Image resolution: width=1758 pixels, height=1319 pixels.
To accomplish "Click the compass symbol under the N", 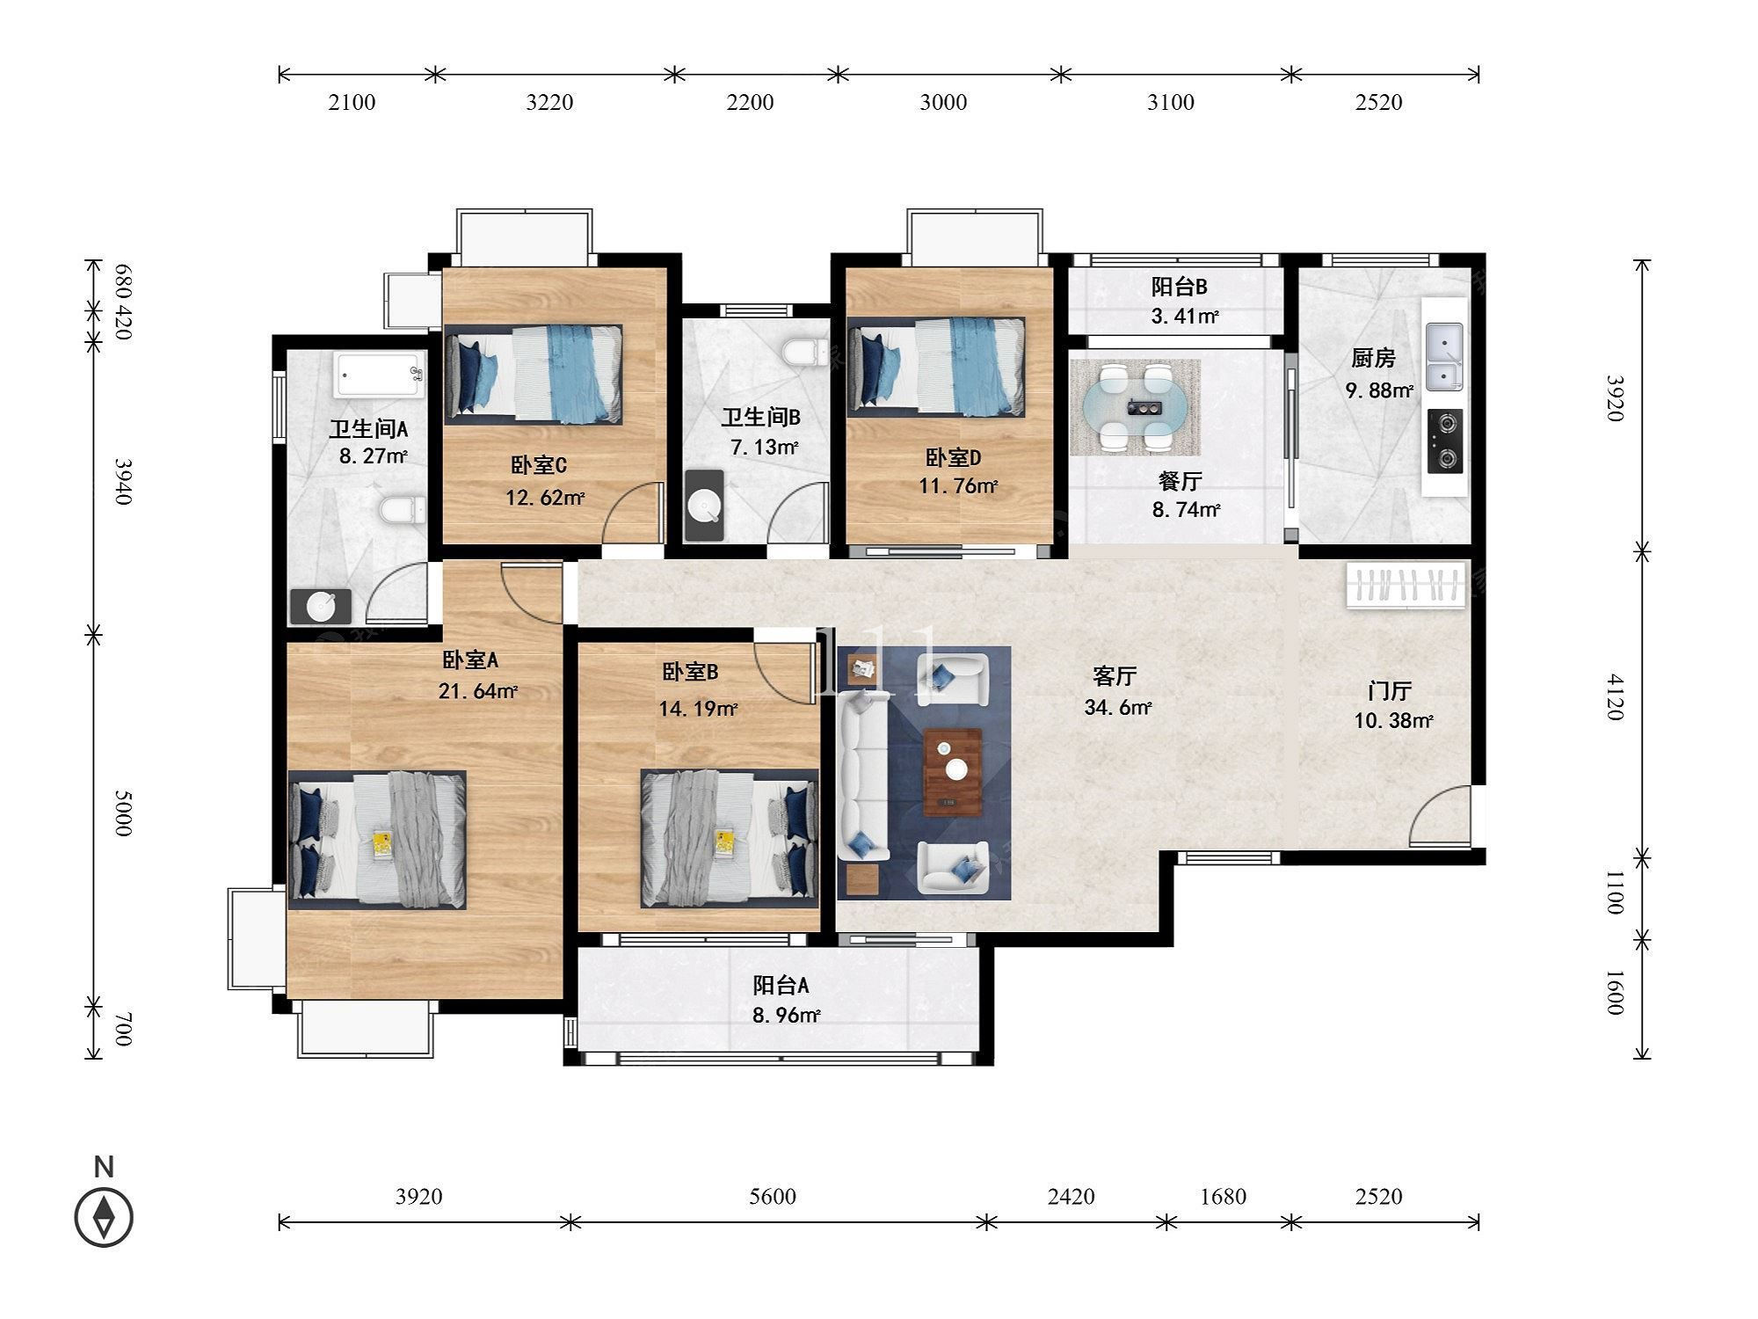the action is coord(104,1217).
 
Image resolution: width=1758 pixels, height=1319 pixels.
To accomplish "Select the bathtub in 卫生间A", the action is coord(380,376).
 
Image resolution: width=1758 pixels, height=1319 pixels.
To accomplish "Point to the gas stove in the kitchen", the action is coord(1445,441).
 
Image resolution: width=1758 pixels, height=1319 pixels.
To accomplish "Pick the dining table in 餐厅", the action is coord(1135,407).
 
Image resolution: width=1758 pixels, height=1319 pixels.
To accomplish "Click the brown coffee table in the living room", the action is coord(953,772).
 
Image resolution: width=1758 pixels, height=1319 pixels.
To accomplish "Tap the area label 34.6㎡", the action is coord(1118,707).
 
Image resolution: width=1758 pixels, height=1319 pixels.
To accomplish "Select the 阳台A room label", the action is coord(781,985).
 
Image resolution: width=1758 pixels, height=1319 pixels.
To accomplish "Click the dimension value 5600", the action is coord(773,1196).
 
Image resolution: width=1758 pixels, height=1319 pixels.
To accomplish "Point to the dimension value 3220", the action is coord(549,102).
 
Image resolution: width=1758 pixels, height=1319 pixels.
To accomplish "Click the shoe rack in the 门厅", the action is coord(1406,585).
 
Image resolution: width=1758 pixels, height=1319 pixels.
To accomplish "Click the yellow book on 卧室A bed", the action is coord(381,844).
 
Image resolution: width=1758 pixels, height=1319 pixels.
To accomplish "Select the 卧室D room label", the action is coord(953,457).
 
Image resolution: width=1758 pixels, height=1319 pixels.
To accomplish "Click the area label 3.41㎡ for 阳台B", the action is coord(1185,316).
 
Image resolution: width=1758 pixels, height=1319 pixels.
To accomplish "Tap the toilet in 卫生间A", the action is coord(403,509).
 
